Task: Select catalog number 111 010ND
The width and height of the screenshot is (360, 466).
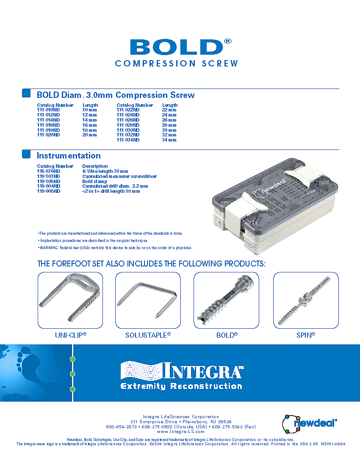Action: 48,110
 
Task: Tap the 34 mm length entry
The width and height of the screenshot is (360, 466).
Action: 169,140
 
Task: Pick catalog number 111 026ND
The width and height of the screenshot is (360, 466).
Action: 128,120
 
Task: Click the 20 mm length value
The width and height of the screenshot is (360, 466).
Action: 89,135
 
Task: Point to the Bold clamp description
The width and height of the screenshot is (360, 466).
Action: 95,181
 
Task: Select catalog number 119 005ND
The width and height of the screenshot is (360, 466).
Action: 48,191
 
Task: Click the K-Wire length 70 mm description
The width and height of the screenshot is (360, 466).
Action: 105,172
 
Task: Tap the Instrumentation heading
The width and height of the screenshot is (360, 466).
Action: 69,156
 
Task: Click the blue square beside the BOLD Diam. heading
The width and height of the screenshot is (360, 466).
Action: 26,93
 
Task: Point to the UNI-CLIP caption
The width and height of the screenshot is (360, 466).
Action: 71,335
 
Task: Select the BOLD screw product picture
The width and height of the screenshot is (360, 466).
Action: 226,300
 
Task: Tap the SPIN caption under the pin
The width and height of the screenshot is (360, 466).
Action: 306,335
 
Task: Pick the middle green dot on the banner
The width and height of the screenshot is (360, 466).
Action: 72,374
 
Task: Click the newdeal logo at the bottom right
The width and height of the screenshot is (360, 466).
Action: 310,424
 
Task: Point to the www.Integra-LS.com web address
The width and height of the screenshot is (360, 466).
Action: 180,432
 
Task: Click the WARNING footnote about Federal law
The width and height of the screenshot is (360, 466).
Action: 115,248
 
